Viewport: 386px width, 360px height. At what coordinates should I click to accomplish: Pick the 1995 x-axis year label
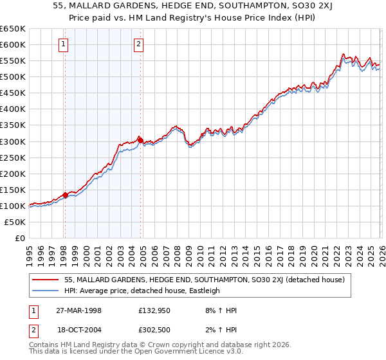(x=30, y=249)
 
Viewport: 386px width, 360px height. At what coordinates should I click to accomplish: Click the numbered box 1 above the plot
(x=64, y=44)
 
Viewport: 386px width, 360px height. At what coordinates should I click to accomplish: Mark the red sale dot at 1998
(x=65, y=195)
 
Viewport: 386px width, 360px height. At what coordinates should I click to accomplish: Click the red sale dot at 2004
(x=140, y=140)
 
